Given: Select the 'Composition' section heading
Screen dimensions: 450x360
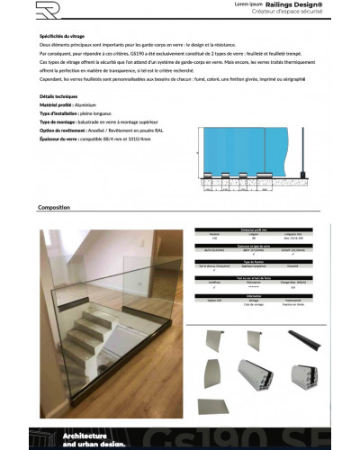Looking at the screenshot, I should [x=54, y=207].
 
